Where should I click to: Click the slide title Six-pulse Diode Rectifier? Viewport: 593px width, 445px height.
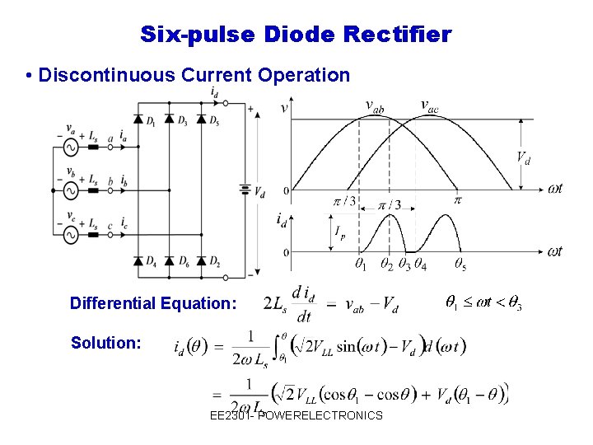pyautogui.click(x=296, y=35)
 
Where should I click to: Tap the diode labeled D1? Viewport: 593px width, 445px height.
pyautogui.click(x=138, y=119)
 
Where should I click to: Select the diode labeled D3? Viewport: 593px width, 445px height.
pyautogui.click(x=169, y=119)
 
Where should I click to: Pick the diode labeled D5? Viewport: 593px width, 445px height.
pyautogui.click(x=200, y=119)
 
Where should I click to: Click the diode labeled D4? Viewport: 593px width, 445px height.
pyautogui.click(x=138, y=261)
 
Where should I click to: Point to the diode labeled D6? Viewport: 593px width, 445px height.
pyautogui.click(x=169, y=261)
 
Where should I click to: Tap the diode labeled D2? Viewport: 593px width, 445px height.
pyautogui.click(x=200, y=261)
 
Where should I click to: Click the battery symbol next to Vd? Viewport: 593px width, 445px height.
pyautogui.click(x=245, y=189)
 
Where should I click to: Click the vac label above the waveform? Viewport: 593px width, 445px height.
pyautogui.click(x=429, y=105)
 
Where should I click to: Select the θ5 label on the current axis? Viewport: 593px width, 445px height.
pyautogui.click(x=460, y=265)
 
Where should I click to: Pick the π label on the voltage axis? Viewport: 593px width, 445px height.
pyautogui.click(x=458, y=199)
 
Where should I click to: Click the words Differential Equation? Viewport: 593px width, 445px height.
pyautogui.click(x=153, y=303)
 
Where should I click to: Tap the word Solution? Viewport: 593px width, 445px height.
pyautogui.click(x=105, y=342)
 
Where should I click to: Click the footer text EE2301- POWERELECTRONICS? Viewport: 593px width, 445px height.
pyautogui.click(x=296, y=415)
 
